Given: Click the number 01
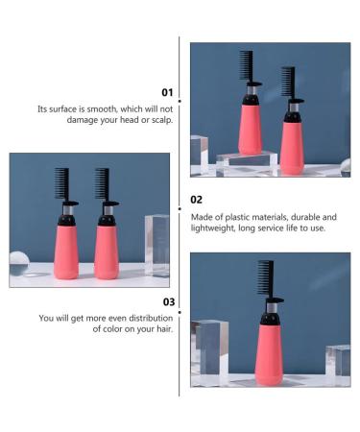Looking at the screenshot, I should (x=167, y=92).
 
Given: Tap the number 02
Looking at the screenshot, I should (x=196, y=201).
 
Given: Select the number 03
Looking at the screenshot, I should (x=168, y=301).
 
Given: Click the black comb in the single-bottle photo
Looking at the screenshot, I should (x=266, y=282).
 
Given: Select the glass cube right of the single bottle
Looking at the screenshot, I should (x=337, y=365).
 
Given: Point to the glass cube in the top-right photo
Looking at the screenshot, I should (x=200, y=154).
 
